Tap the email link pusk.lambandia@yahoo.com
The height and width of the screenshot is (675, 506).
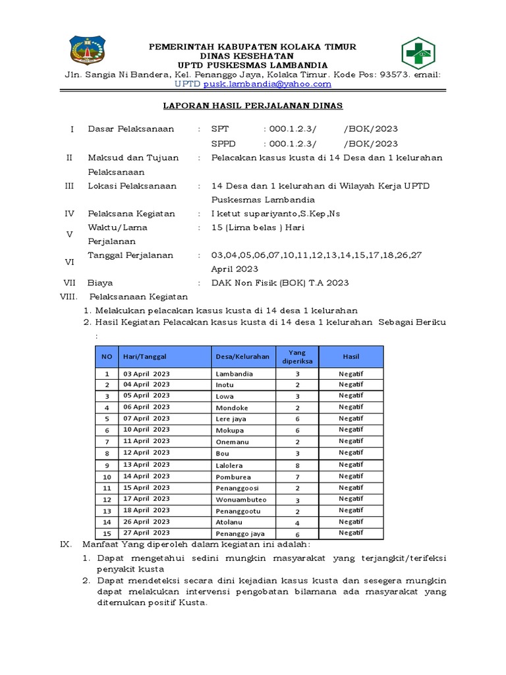point(267,84)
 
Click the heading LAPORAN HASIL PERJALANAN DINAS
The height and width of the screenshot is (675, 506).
point(254,105)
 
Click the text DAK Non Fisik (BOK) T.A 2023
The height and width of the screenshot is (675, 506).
point(279,283)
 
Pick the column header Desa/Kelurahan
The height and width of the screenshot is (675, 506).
point(242,357)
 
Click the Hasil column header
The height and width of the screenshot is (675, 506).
point(351,357)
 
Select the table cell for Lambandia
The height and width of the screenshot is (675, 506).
point(235,374)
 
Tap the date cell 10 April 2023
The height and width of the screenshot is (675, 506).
point(146,430)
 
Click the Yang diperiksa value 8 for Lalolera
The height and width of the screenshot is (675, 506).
point(298,465)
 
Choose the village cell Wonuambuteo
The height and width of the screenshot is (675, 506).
point(240,499)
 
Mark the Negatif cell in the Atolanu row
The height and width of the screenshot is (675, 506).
point(351,521)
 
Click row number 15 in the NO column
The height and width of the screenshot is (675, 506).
point(106,533)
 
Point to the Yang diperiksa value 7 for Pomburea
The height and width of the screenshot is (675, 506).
point(298,476)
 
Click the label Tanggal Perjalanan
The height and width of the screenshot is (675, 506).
point(130,255)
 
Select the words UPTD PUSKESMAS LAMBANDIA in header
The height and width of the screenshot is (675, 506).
point(253,65)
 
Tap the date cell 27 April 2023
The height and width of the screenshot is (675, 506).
point(146,533)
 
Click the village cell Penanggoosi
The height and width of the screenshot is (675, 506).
point(237,488)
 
